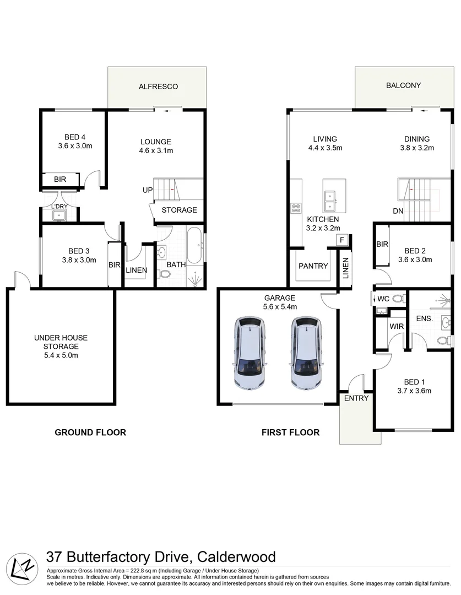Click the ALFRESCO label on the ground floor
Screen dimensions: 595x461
tap(158, 86)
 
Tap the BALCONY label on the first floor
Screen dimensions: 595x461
tap(403, 85)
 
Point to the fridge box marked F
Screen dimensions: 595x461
tap(342, 240)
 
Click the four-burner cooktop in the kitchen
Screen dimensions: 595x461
tap(296, 208)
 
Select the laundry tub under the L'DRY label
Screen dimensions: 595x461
tap(59, 215)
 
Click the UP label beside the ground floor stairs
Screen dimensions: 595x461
tap(147, 190)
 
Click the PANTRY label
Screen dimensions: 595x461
tap(313, 266)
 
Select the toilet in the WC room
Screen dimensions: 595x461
tap(399, 299)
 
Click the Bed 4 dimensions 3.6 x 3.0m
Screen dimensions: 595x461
tap(75, 146)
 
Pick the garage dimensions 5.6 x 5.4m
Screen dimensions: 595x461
tap(279, 307)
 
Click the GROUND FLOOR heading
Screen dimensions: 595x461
tap(90, 432)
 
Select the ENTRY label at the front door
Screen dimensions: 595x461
tap(356, 398)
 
